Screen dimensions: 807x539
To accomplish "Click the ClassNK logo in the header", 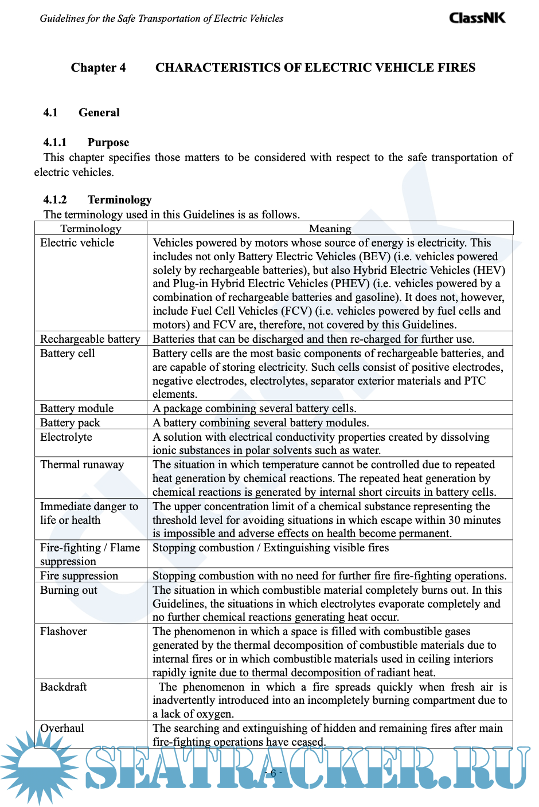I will click(477, 18).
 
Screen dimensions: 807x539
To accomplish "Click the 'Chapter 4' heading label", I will click(98, 68).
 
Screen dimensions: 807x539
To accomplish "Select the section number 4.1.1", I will click(55, 142).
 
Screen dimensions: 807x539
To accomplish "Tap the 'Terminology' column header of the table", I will click(91, 229).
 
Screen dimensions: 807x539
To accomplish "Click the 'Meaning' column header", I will click(330, 229).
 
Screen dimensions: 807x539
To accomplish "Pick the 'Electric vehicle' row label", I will click(77, 243).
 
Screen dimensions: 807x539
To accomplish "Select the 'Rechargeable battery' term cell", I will click(90, 339).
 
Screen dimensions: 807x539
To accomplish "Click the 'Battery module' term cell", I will click(77, 409).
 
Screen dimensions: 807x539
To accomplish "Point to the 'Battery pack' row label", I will click(70, 423).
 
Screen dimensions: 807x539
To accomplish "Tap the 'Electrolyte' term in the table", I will click(66, 437).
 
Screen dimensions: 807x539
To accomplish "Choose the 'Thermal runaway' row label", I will click(82, 465).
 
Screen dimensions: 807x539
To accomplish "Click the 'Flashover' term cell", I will click(64, 632).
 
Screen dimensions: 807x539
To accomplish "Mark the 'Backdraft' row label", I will click(64, 687).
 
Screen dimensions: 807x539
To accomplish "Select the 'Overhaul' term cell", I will click(62, 728).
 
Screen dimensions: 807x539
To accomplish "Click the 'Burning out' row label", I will click(69, 590).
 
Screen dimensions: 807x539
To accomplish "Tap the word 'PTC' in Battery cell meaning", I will click(474, 381).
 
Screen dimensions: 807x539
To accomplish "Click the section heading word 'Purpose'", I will click(108, 142).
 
